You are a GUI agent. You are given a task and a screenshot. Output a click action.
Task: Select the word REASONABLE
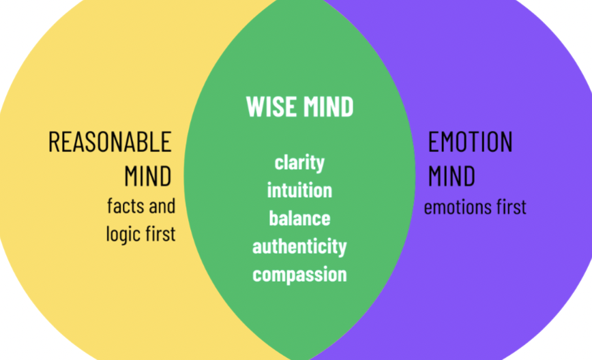coord(110,142)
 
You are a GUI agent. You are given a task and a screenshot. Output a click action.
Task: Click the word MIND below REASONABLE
coord(148,177)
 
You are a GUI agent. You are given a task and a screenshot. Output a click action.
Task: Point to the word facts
coord(124,205)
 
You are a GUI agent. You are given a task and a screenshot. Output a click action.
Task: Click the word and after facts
coord(162,205)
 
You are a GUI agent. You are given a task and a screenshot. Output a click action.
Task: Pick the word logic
coord(124,234)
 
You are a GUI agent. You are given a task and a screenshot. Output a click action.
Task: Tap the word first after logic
coord(162,234)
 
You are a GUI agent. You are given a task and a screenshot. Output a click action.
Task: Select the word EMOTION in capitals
coord(470,142)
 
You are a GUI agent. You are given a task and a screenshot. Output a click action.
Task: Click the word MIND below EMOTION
coord(452,177)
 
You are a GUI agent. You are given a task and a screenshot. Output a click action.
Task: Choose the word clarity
coord(299,163)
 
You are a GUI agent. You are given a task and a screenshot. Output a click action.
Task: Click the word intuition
coord(299,190)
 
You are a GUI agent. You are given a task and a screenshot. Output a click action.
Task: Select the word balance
coord(299,218)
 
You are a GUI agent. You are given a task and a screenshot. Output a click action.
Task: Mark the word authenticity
coord(299,246)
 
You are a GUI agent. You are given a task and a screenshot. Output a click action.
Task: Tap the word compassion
coord(299,274)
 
